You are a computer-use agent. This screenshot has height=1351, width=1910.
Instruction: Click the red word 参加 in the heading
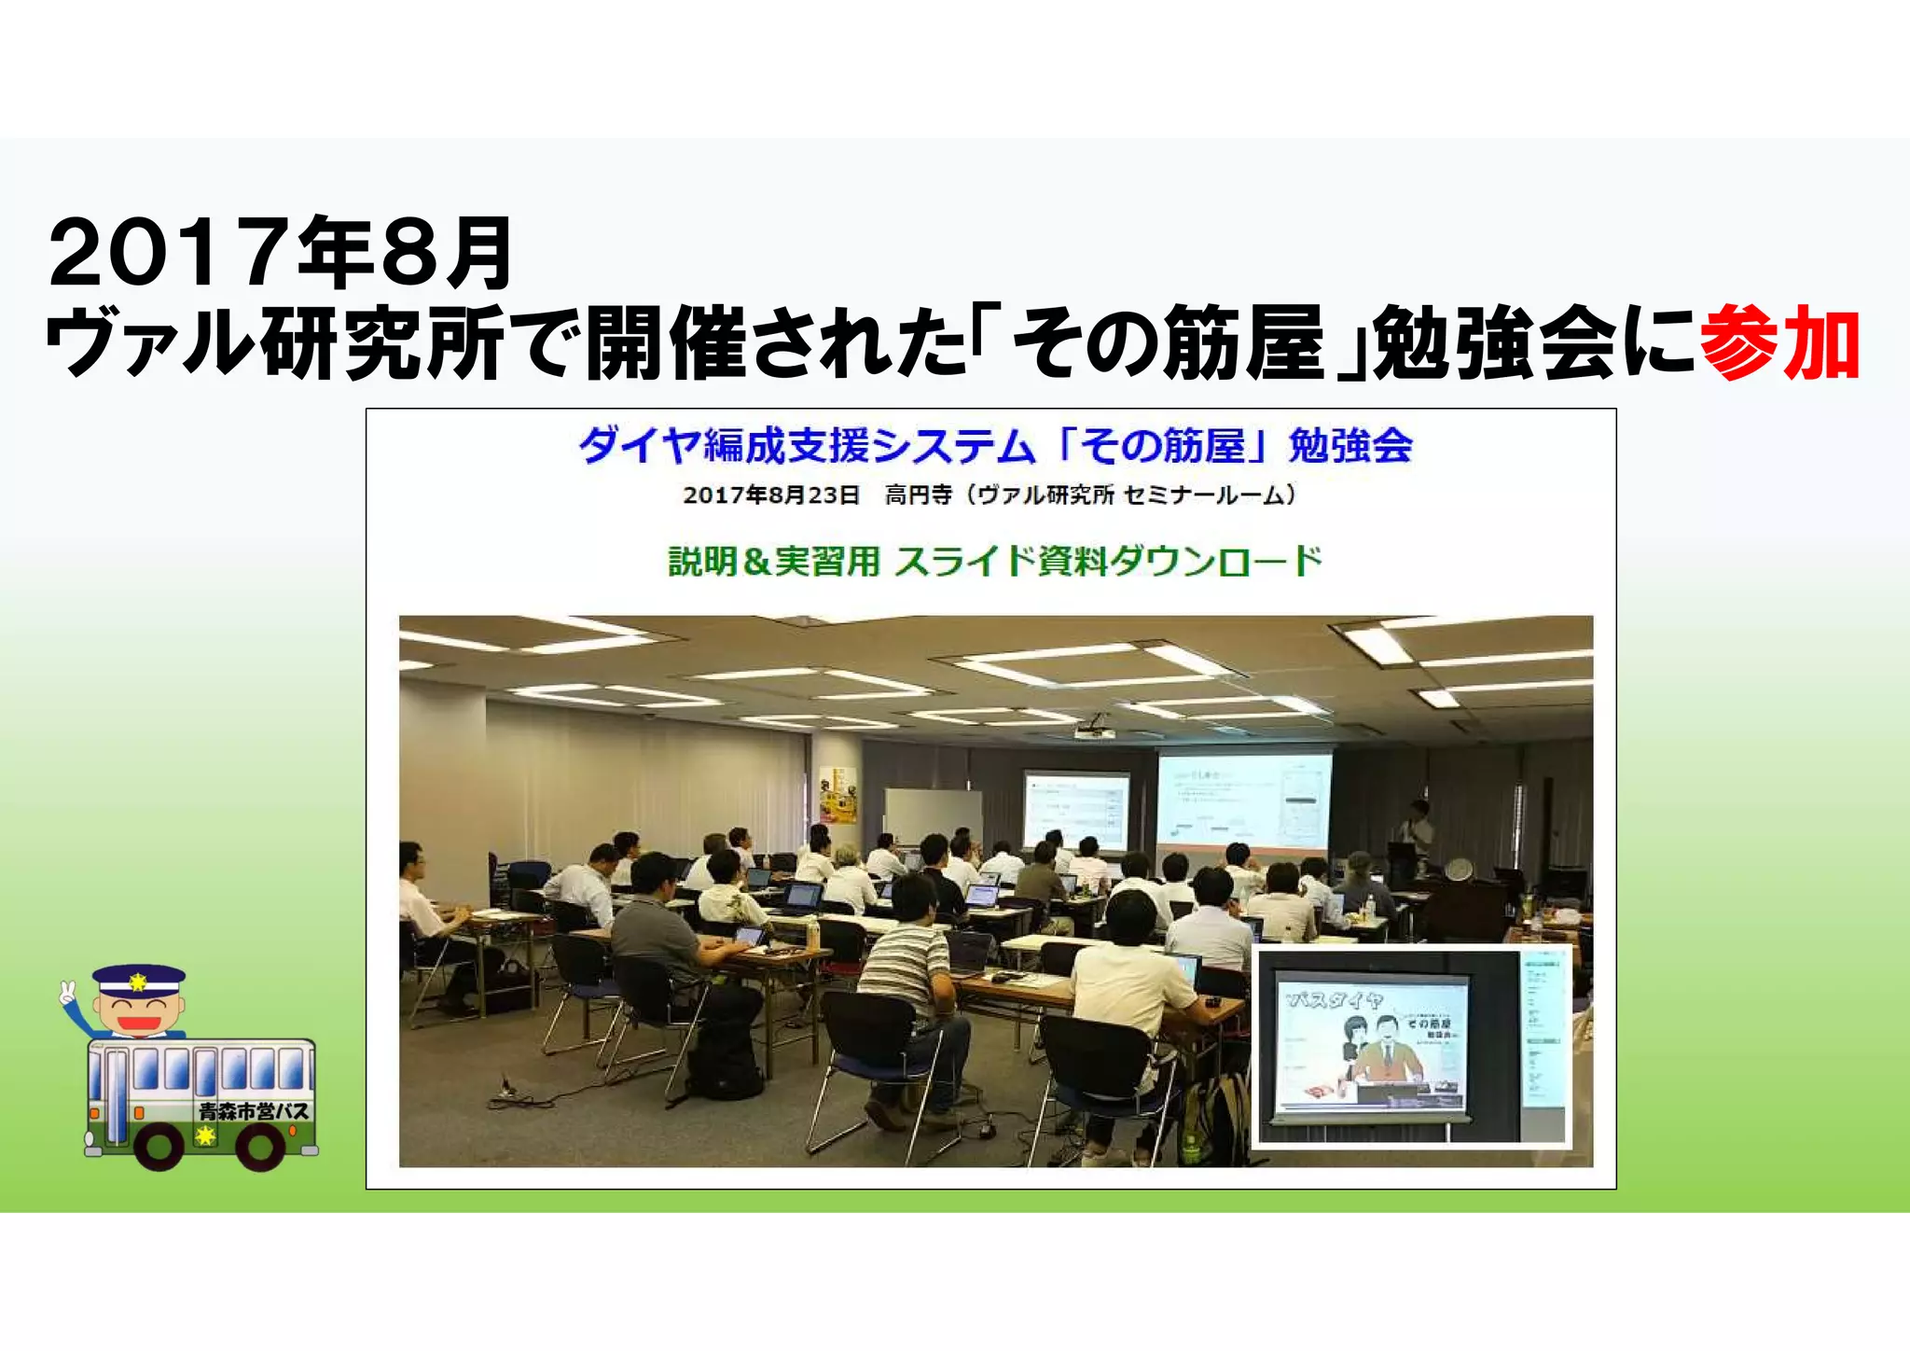pos(1779,343)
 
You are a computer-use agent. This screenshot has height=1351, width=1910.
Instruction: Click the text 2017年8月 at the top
pos(280,253)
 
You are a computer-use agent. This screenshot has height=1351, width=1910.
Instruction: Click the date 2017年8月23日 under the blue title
pos(770,495)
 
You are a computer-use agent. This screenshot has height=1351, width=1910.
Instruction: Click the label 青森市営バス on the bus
pos(253,1111)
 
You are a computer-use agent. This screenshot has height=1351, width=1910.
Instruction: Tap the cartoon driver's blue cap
pos(138,979)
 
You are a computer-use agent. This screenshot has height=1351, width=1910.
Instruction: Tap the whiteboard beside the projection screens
pos(932,816)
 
